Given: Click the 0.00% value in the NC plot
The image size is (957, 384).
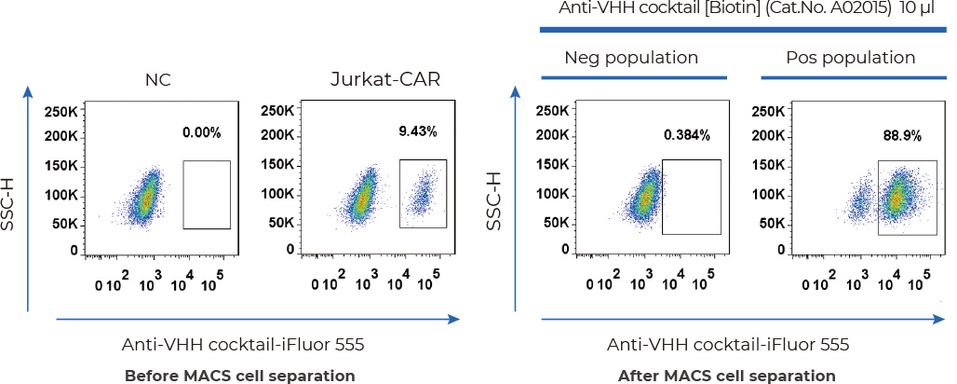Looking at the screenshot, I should pos(201,132).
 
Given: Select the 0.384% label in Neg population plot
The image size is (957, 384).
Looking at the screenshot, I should pos(687,135).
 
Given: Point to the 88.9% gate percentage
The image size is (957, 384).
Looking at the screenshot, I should pos(902,135).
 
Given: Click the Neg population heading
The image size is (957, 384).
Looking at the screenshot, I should pos(631,58).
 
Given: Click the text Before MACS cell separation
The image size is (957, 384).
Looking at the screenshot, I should pos(240,376).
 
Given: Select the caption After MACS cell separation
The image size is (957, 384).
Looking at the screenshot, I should pos(727,376).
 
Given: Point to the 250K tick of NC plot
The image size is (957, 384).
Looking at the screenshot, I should pos(61,112).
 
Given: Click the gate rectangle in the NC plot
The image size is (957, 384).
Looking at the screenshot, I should pos(207,194).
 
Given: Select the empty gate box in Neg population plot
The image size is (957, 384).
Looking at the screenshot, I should pos(691,196).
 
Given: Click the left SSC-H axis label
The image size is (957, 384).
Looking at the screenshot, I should pos(11,199).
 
